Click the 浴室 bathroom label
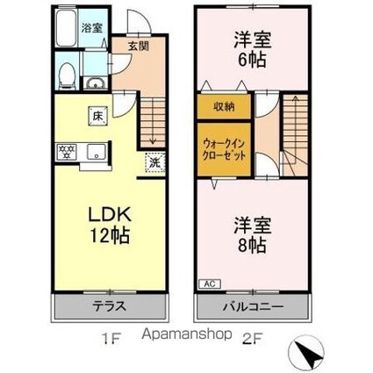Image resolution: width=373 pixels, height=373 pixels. pos(91,28)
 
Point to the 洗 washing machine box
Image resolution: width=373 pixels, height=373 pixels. pos(154,162)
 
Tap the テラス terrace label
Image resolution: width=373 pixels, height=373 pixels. pos(111,307)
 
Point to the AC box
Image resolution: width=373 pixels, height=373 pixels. pos(211,284)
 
